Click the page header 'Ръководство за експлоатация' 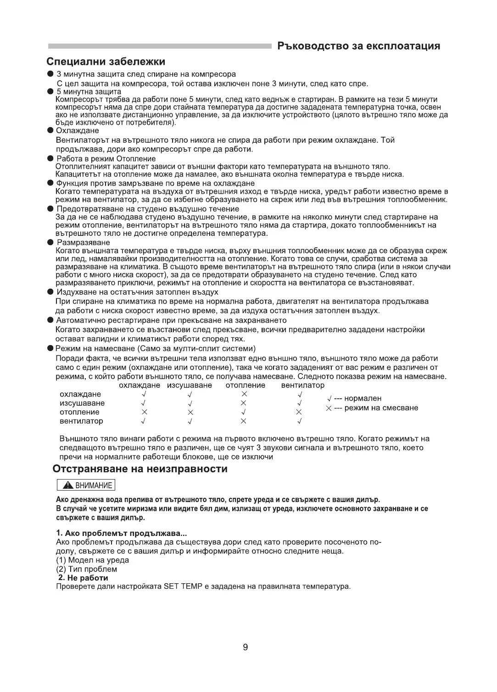pos(359,46)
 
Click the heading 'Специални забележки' pos(106,61)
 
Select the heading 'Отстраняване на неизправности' pos(140,469)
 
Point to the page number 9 pos(246,647)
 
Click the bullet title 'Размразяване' pos(83,242)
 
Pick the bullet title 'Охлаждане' pos(78,131)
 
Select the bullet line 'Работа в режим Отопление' pos(106,159)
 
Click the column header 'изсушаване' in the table pos(190,385)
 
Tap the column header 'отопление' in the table pos(246,385)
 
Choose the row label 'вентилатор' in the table pos(82,421)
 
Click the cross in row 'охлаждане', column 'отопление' pos(244,394)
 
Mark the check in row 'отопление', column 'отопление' pos(244,412)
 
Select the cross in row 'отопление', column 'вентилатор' pos(299,412)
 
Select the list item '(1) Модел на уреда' pos(92,560)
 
